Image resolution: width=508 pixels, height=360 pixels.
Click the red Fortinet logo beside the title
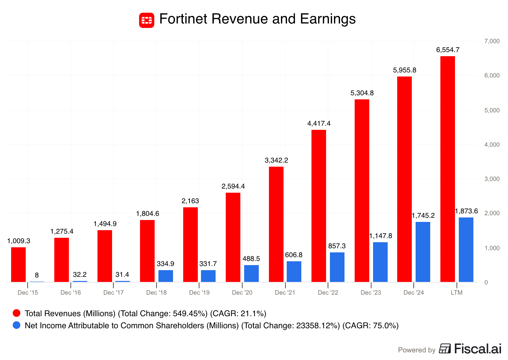point(146,20)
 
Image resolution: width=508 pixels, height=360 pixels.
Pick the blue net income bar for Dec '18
point(165,276)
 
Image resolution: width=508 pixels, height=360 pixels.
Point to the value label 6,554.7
point(448,50)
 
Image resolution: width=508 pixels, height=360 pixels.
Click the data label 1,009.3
point(19,241)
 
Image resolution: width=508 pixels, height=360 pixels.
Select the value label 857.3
point(337,246)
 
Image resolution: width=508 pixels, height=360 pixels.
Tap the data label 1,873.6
point(466,211)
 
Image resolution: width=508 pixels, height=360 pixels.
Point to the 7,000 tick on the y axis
point(492,41)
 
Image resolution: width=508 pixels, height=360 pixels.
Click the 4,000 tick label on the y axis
point(492,145)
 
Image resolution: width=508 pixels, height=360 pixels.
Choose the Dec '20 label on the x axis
point(242,292)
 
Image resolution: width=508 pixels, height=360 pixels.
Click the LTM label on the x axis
point(457,292)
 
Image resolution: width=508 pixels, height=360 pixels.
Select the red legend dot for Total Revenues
point(17,313)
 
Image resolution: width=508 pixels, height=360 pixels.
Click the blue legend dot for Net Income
point(17,325)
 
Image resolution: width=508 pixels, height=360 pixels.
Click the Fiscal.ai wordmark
point(478,349)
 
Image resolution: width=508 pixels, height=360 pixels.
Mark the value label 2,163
point(190,201)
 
